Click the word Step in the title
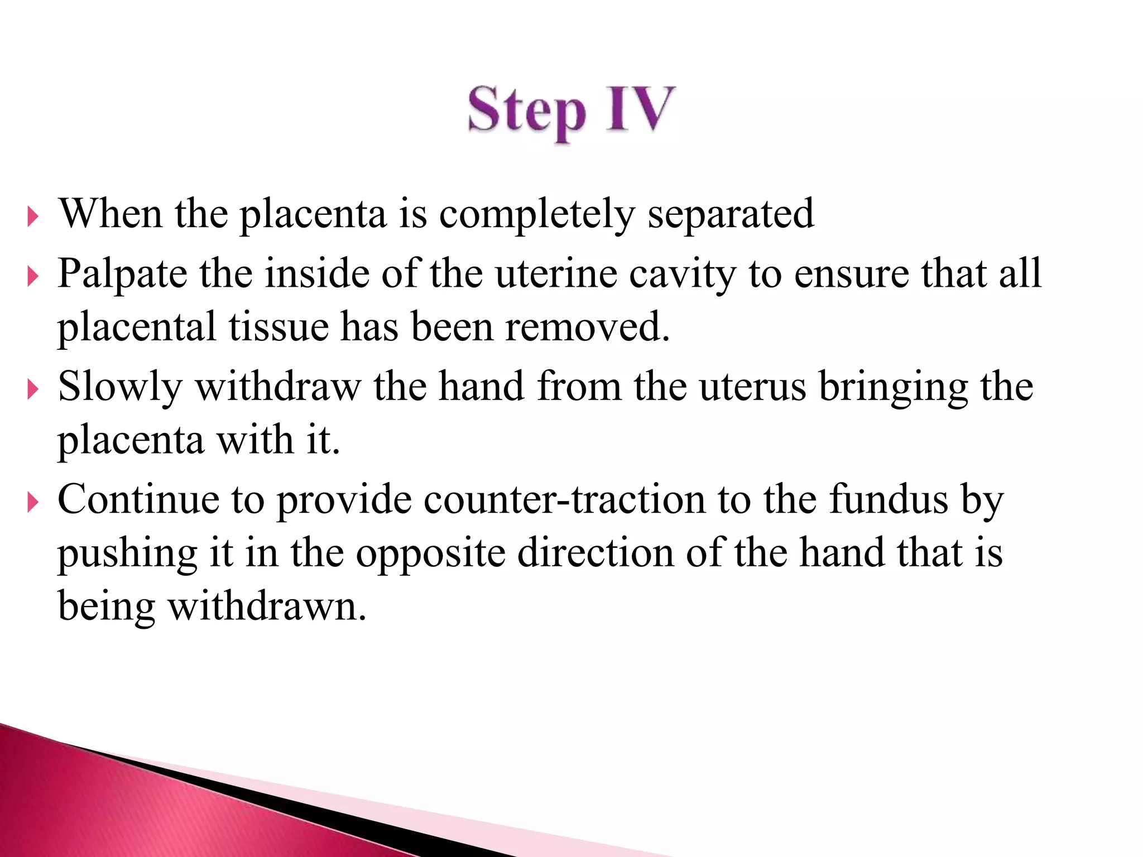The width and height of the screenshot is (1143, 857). pos(527,111)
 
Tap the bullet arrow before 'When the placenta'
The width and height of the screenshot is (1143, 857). pos(33,216)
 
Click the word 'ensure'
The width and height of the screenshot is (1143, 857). pos(851,274)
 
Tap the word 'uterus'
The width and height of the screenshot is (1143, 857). pos(753,387)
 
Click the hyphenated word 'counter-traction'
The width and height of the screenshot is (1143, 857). pos(564,500)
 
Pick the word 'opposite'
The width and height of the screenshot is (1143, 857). pos(430,553)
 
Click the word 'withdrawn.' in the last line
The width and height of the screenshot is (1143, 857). pos(267,607)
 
